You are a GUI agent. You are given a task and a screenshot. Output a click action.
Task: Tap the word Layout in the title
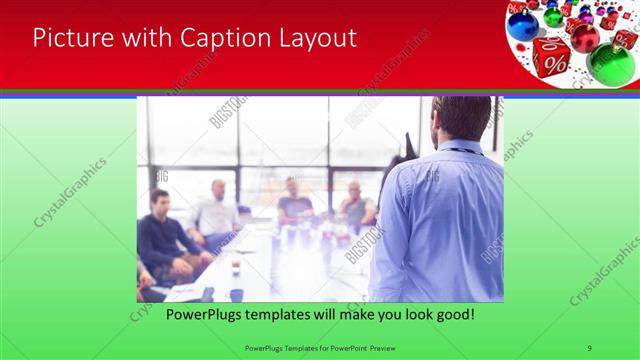pyautogui.click(x=317, y=38)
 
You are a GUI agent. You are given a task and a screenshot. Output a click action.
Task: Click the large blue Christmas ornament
pyautogui.click(x=522, y=23)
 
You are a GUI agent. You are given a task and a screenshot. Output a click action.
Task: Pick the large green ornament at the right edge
pyautogui.click(x=610, y=63)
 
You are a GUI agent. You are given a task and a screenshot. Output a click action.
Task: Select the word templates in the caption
pyautogui.click(x=261, y=315)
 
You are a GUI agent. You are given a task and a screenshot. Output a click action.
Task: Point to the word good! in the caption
pyautogui.click(x=454, y=315)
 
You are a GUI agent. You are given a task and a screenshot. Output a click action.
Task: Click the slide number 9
pyautogui.click(x=590, y=347)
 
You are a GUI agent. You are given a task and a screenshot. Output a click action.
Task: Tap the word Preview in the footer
pyautogui.click(x=384, y=347)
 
